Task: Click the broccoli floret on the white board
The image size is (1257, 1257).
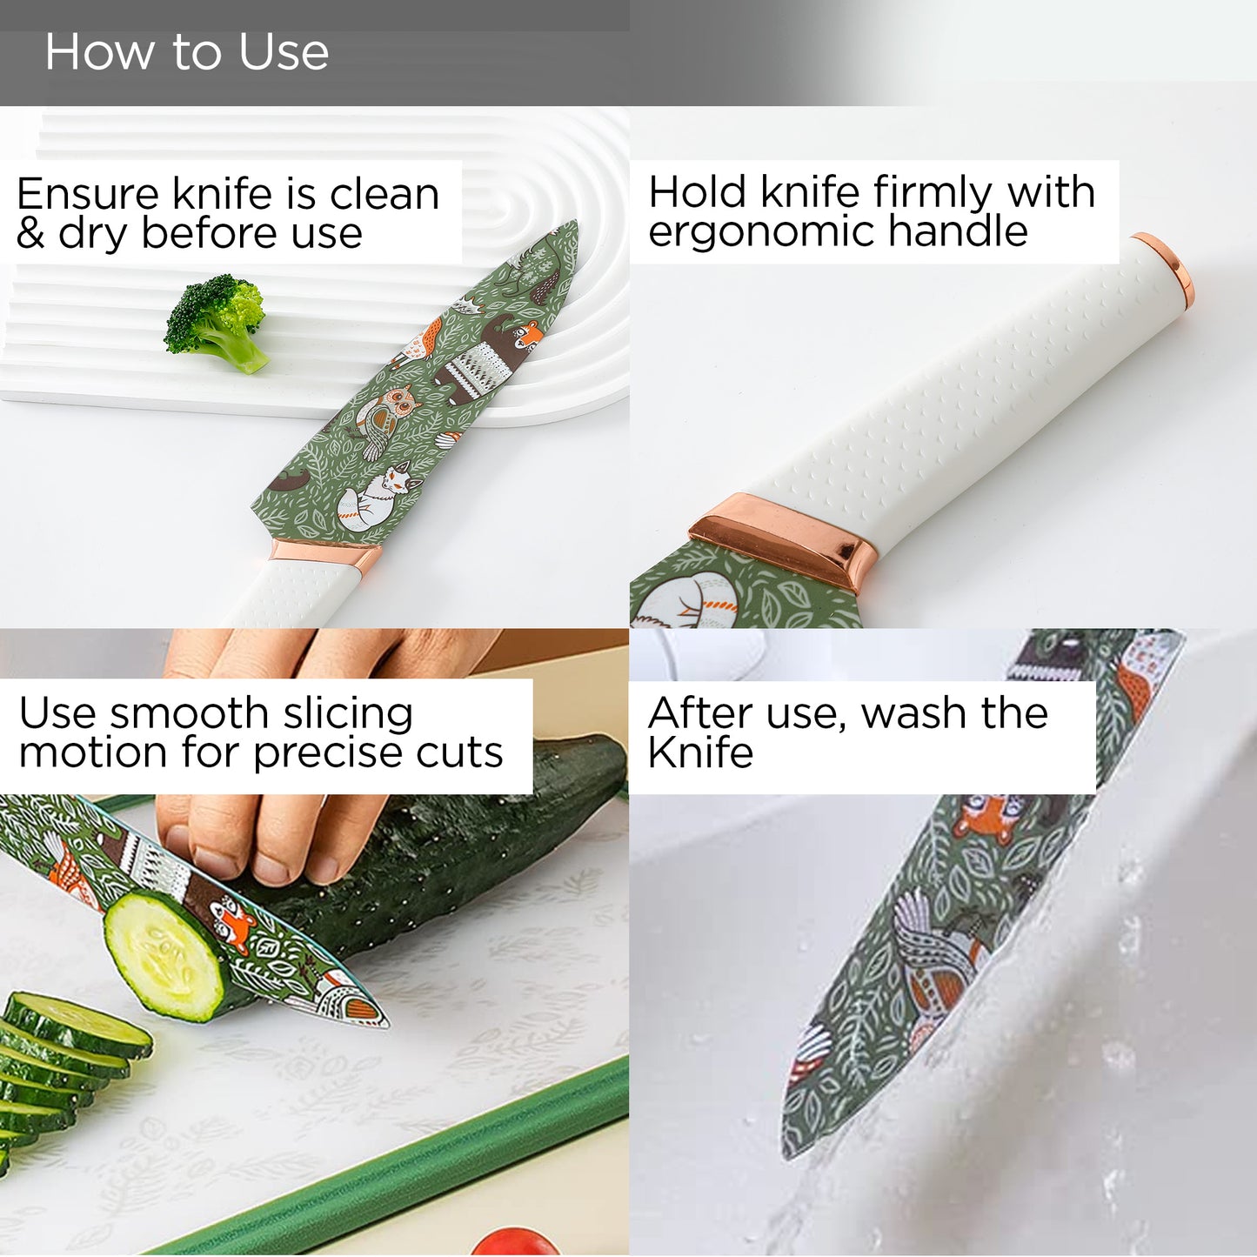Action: coord(217,322)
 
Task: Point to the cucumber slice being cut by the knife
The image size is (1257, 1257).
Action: coord(166,956)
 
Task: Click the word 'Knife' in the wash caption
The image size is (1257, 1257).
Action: coord(700,752)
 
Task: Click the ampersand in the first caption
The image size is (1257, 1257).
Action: coord(30,233)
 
